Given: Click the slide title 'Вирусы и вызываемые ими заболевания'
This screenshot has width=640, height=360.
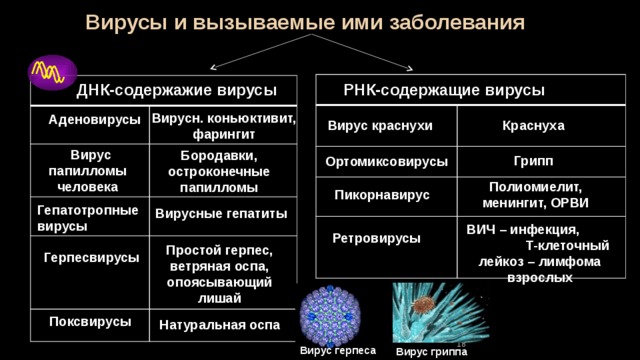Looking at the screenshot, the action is coord(305,22).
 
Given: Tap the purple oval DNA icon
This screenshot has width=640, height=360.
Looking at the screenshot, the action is coord(52,72).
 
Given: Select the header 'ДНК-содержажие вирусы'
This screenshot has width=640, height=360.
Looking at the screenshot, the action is coord(176,90).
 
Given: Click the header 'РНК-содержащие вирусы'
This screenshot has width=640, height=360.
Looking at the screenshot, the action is coord(444,90).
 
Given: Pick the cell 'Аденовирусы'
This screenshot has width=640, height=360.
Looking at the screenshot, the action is coord(94,120).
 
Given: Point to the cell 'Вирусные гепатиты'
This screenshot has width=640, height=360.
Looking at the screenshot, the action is coord(221,214).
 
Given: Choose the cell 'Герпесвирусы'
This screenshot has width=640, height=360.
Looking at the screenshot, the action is coord(91,258).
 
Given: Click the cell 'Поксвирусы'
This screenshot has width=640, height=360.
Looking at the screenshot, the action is coord(90,322).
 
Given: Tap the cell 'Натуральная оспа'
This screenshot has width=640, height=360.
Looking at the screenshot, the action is coord(220,325).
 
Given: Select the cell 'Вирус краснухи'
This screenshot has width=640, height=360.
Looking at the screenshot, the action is coord(380,126).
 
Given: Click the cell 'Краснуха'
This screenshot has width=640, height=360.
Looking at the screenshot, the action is coord(533,126).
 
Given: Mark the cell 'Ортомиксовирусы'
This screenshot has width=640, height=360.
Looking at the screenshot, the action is coord(387,162).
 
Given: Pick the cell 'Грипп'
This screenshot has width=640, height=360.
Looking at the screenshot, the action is coord(533,161).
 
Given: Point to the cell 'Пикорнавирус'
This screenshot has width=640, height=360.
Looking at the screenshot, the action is coord(382,195).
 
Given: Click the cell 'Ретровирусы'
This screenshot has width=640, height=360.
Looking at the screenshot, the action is coord(376,238).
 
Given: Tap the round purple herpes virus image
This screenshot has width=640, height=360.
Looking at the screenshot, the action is coord(330,316).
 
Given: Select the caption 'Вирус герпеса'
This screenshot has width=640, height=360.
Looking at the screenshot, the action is coord(338,351).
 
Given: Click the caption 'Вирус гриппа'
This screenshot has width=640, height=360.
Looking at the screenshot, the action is coord(431,351).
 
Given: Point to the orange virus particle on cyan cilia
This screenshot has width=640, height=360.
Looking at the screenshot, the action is coord(423,305).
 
